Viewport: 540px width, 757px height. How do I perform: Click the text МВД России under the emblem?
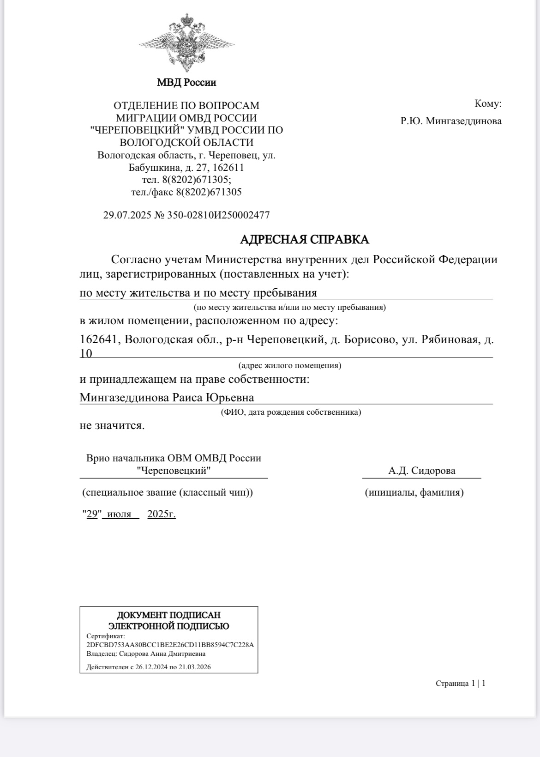[186, 83]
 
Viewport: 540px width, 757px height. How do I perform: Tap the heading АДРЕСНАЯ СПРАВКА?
[305, 239]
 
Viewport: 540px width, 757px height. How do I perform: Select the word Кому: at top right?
[488, 103]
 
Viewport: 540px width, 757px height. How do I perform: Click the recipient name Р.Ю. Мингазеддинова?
[451, 121]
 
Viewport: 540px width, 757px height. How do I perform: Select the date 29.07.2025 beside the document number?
[127, 215]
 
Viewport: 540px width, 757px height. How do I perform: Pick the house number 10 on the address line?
[86, 353]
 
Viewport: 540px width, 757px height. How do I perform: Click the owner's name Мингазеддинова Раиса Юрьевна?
[167, 397]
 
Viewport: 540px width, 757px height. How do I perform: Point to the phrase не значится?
[112, 425]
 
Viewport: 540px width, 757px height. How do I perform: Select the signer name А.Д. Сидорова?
[422, 471]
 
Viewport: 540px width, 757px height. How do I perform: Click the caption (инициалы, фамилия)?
[414, 492]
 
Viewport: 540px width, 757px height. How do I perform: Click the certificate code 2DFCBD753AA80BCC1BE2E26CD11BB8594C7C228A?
[170, 645]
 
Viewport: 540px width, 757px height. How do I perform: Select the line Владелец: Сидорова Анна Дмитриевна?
[146, 654]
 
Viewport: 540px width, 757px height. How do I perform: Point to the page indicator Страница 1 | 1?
[460, 683]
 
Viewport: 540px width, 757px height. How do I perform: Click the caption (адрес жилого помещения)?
[289, 365]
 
